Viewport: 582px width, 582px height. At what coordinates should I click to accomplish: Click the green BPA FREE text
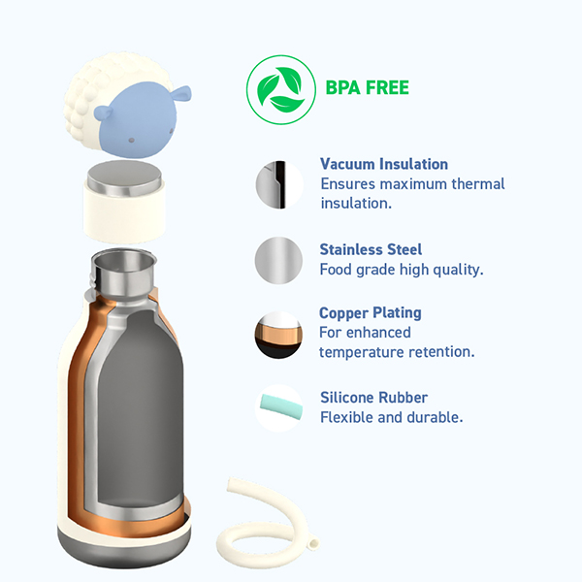(x=367, y=88)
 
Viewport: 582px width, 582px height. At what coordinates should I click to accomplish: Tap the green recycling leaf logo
(x=281, y=90)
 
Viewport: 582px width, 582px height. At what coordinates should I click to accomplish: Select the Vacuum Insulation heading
(x=384, y=164)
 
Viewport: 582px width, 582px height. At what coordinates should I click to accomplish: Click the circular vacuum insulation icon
(x=279, y=184)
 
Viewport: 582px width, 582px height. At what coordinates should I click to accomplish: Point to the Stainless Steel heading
(x=371, y=249)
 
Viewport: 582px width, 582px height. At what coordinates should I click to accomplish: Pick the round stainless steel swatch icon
(x=278, y=260)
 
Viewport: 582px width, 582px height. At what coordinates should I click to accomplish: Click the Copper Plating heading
(x=371, y=313)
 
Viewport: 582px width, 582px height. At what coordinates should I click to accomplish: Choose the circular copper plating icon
(x=278, y=335)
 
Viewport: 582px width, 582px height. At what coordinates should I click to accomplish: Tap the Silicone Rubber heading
(x=373, y=398)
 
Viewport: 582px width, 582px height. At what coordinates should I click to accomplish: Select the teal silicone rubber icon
(x=280, y=407)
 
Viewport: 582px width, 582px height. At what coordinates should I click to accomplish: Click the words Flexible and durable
(x=392, y=417)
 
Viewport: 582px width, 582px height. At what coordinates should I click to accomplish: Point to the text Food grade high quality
(x=402, y=270)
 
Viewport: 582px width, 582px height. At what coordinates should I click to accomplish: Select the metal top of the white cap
(x=125, y=178)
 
